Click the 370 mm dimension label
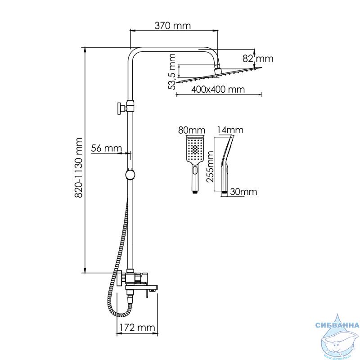pyautogui.click(x=172, y=26)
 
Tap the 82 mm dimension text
pyautogui.click(x=258, y=59)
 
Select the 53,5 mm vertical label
pyautogui.click(x=172, y=72)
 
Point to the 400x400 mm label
pyautogui.click(x=218, y=89)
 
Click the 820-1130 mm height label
pyautogui.click(x=79, y=167)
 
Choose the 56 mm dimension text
pyautogui.click(x=106, y=148)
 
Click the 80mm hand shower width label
pyautogui.click(x=192, y=130)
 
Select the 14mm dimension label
pyautogui.click(x=230, y=130)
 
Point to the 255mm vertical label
pyautogui.click(x=210, y=166)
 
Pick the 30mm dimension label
pyautogui.click(x=243, y=192)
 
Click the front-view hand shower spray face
pyautogui.click(x=195, y=149)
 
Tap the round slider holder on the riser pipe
pyautogui.click(x=130, y=175)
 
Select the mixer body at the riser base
pyautogui.click(x=135, y=279)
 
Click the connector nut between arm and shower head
pyautogui.click(x=217, y=71)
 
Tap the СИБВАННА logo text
pyautogui.click(x=337, y=325)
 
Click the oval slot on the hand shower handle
pyautogui.click(x=195, y=171)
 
